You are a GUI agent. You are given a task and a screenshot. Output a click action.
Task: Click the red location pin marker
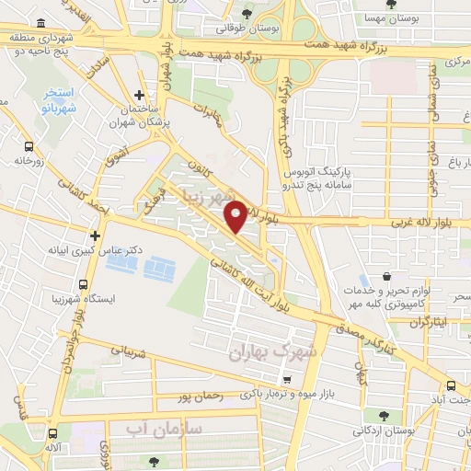pos(235,215)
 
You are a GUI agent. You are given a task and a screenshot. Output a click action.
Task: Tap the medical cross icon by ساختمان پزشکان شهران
pos(138,95)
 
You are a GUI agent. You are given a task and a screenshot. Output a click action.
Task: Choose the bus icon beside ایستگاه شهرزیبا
pos(84,284)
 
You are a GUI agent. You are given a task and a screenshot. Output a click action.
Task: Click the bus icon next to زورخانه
pos(30,146)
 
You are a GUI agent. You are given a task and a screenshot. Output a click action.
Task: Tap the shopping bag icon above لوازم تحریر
pos(385,278)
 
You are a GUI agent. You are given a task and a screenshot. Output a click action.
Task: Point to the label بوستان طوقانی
pos(240,28)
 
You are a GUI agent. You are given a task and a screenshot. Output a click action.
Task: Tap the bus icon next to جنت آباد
pos(451,386)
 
